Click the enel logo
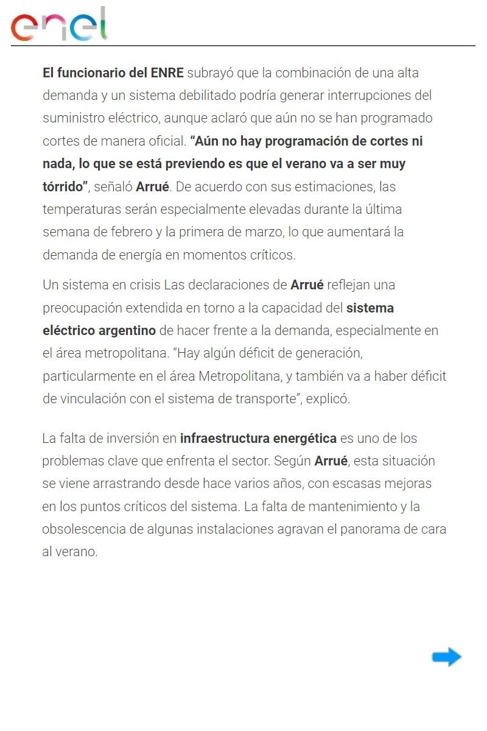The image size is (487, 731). point(59,25)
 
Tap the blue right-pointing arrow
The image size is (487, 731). point(446,657)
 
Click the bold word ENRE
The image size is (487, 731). point(167,73)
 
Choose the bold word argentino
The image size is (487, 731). point(127,331)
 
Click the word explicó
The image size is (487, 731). point(328,400)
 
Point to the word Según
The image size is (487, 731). point(292,461)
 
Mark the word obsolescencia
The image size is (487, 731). point(83,529)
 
